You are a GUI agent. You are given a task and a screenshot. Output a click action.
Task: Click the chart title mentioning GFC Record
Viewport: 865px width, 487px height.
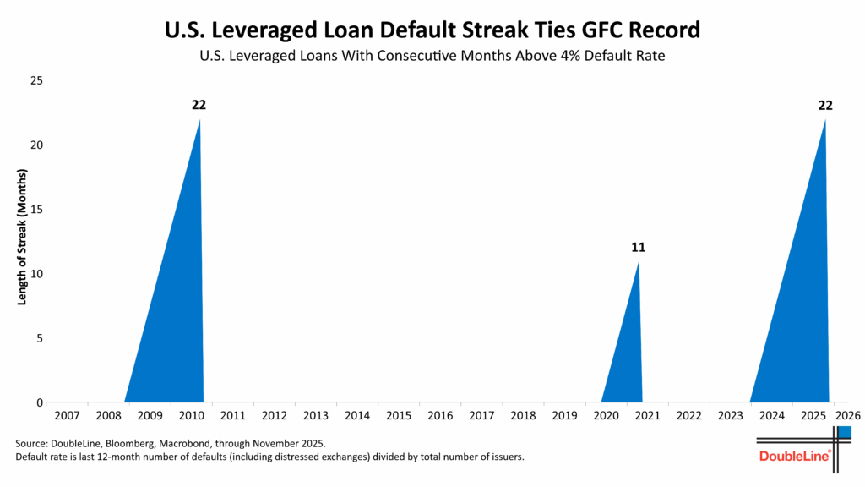(432, 30)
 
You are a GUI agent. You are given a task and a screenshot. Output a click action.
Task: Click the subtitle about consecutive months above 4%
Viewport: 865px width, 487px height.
(432, 57)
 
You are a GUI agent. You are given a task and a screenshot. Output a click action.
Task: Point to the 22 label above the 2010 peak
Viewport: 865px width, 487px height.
(199, 105)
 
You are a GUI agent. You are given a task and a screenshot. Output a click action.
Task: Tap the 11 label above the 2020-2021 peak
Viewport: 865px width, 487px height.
(638, 248)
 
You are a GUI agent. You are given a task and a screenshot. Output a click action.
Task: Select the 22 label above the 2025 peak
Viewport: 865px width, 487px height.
(825, 105)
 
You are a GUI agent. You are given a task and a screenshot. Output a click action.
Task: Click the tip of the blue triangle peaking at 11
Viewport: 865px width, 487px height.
(638, 261)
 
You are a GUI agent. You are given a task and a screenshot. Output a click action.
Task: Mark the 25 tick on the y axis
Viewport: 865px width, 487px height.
(37, 80)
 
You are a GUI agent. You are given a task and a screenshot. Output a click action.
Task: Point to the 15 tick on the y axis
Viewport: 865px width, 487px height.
(37, 210)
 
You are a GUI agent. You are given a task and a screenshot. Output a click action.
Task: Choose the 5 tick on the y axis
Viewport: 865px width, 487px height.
(41, 338)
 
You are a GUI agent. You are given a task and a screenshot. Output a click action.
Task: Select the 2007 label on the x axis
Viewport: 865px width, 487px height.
(67, 416)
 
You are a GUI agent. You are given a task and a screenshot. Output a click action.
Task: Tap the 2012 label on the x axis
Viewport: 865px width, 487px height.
(274, 416)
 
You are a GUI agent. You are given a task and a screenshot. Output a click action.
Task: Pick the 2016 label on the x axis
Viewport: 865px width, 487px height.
(440, 416)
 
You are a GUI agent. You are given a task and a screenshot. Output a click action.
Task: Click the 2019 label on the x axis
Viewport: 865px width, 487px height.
(564, 416)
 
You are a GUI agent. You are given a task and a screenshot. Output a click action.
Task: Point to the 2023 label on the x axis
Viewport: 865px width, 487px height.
(730, 416)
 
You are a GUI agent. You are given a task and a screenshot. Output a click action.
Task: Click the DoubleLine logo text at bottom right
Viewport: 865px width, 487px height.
(795, 457)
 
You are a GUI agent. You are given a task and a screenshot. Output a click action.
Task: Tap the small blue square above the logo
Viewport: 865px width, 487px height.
(844, 432)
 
